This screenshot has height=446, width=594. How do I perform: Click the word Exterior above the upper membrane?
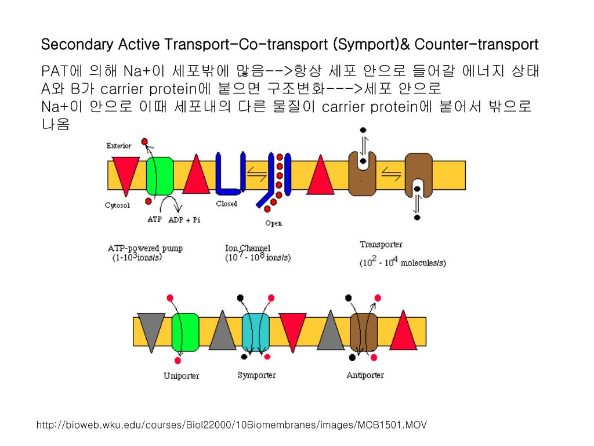[x=118, y=146]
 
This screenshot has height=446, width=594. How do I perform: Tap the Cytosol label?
[x=117, y=206]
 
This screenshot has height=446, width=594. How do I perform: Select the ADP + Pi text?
[x=184, y=220]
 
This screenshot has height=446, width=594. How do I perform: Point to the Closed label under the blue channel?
[x=226, y=204]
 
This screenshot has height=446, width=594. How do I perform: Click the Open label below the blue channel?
[x=273, y=224]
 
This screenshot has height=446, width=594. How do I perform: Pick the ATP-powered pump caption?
[x=145, y=249]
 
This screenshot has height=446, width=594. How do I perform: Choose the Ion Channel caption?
[x=248, y=249]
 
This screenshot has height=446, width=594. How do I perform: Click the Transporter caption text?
[x=381, y=244]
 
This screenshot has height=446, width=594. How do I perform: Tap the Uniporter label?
[x=181, y=376]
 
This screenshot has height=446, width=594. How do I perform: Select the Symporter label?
[x=256, y=375]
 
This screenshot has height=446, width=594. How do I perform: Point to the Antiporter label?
[x=365, y=375]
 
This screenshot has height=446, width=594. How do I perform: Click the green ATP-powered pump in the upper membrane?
[x=160, y=175]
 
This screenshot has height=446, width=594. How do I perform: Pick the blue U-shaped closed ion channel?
[x=228, y=175]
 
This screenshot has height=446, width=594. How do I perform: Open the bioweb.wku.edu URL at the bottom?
[x=231, y=425]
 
